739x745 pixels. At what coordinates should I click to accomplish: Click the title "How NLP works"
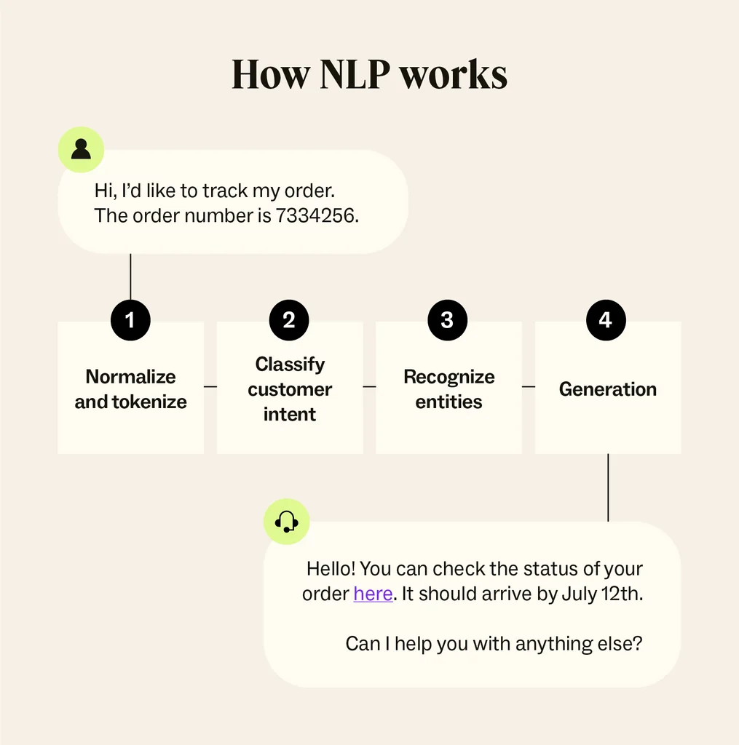tap(369, 74)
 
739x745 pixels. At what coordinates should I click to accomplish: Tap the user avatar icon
tap(81, 149)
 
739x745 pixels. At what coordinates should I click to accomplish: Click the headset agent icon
tap(286, 521)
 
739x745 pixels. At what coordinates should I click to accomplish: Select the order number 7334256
tap(317, 216)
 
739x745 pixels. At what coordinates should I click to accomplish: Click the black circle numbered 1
tap(130, 320)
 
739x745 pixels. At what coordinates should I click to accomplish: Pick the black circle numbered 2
tap(289, 320)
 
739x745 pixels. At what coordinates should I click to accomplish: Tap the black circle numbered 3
tap(447, 320)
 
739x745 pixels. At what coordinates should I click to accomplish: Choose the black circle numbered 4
tap(606, 320)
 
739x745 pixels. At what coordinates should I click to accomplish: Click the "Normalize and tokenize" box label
tap(131, 389)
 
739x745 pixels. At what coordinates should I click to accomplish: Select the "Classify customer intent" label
tap(290, 389)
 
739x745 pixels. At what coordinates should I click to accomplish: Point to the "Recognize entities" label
tap(448, 389)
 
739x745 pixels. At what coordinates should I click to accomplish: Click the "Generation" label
tap(608, 389)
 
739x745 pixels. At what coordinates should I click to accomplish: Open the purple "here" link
tap(373, 594)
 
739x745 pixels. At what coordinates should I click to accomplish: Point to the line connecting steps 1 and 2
tap(210, 386)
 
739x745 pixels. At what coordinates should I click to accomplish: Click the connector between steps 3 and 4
tap(529, 386)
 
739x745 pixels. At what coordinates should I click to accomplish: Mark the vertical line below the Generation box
tap(608, 487)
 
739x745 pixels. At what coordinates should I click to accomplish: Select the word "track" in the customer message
tap(225, 191)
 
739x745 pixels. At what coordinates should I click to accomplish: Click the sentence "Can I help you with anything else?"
tap(494, 644)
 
